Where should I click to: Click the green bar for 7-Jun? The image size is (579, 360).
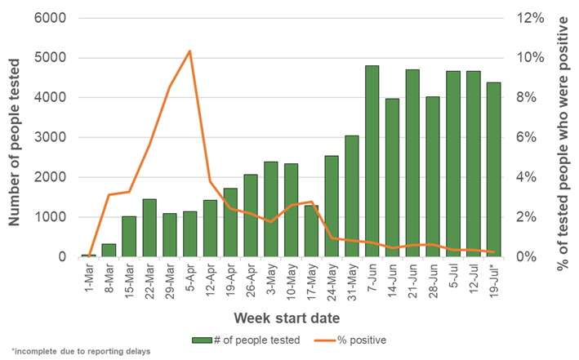[372, 161]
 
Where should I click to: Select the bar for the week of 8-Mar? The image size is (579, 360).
[109, 251]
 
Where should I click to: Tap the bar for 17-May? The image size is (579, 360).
[311, 231]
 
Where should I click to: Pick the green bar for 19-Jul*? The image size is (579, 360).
[494, 170]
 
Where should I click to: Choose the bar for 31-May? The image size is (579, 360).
[352, 196]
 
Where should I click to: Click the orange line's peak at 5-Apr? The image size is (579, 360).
[189, 51]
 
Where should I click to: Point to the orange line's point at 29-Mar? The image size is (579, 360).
[170, 87]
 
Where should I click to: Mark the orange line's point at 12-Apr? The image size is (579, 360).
[210, 182]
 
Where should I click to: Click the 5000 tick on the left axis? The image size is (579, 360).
[50, 58]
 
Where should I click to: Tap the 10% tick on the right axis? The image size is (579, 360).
[530, 58]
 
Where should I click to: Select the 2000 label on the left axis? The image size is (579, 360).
[50, 177]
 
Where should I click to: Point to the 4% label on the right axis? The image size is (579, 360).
[526, 177]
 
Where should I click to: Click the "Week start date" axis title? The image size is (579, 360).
[287, 318]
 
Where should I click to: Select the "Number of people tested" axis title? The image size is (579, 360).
[14, 142]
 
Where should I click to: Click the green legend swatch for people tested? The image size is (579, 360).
[202, 340]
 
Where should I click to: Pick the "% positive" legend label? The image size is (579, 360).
[362, 340]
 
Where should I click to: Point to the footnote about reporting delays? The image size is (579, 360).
[81, 351]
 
